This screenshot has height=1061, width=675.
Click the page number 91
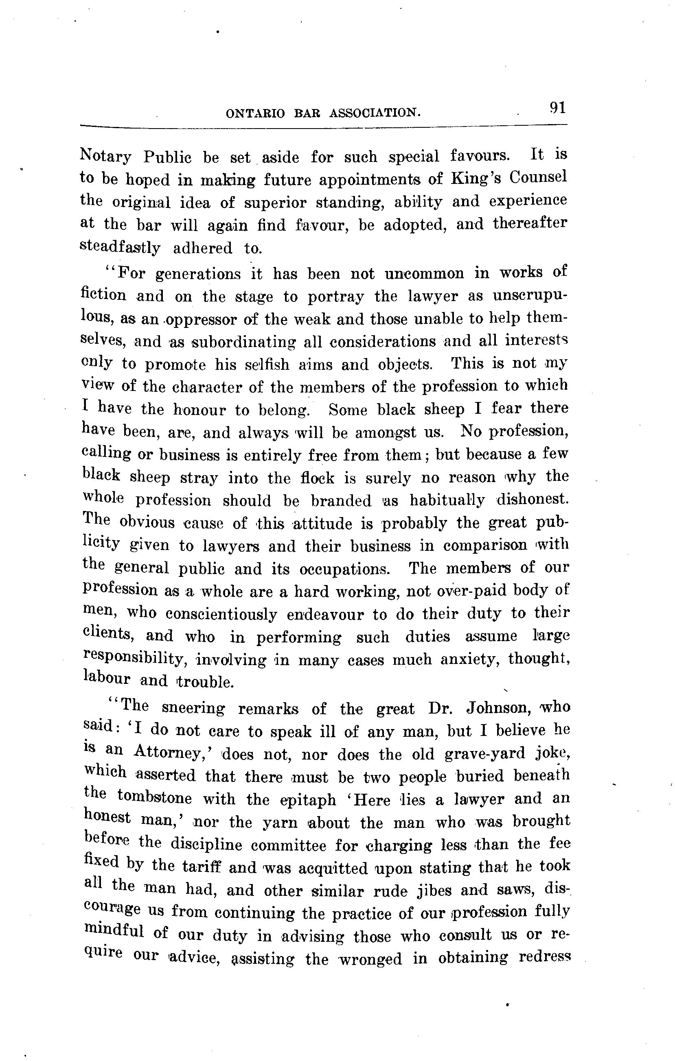pos(557,108)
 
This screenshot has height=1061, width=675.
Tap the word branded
pos(341,501)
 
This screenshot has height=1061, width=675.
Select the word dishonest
pos(533,500)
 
